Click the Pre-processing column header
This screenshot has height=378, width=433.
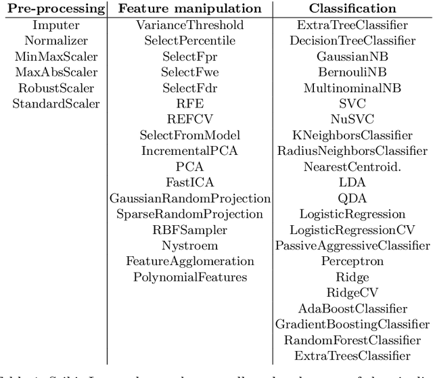[x=56, y=9]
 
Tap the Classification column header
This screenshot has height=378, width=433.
[x=352, y=9]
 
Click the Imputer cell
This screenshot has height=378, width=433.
[x=56, y=25]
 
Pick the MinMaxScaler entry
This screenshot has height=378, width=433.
[x=56, y=56]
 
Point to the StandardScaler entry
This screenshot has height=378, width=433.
[x=56, y=103]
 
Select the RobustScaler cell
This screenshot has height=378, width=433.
[x=56, y=88]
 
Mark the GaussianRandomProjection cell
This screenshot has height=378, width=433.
[x=190, y=198]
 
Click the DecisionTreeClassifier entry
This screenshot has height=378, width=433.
[x=352, y=41]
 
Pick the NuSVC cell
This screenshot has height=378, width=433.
[x=352, y=119]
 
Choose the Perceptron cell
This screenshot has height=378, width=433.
[x=352, y=261]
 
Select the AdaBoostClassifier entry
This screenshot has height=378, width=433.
[x=352, y=308]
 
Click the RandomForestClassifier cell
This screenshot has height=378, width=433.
[x=352, y=339]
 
